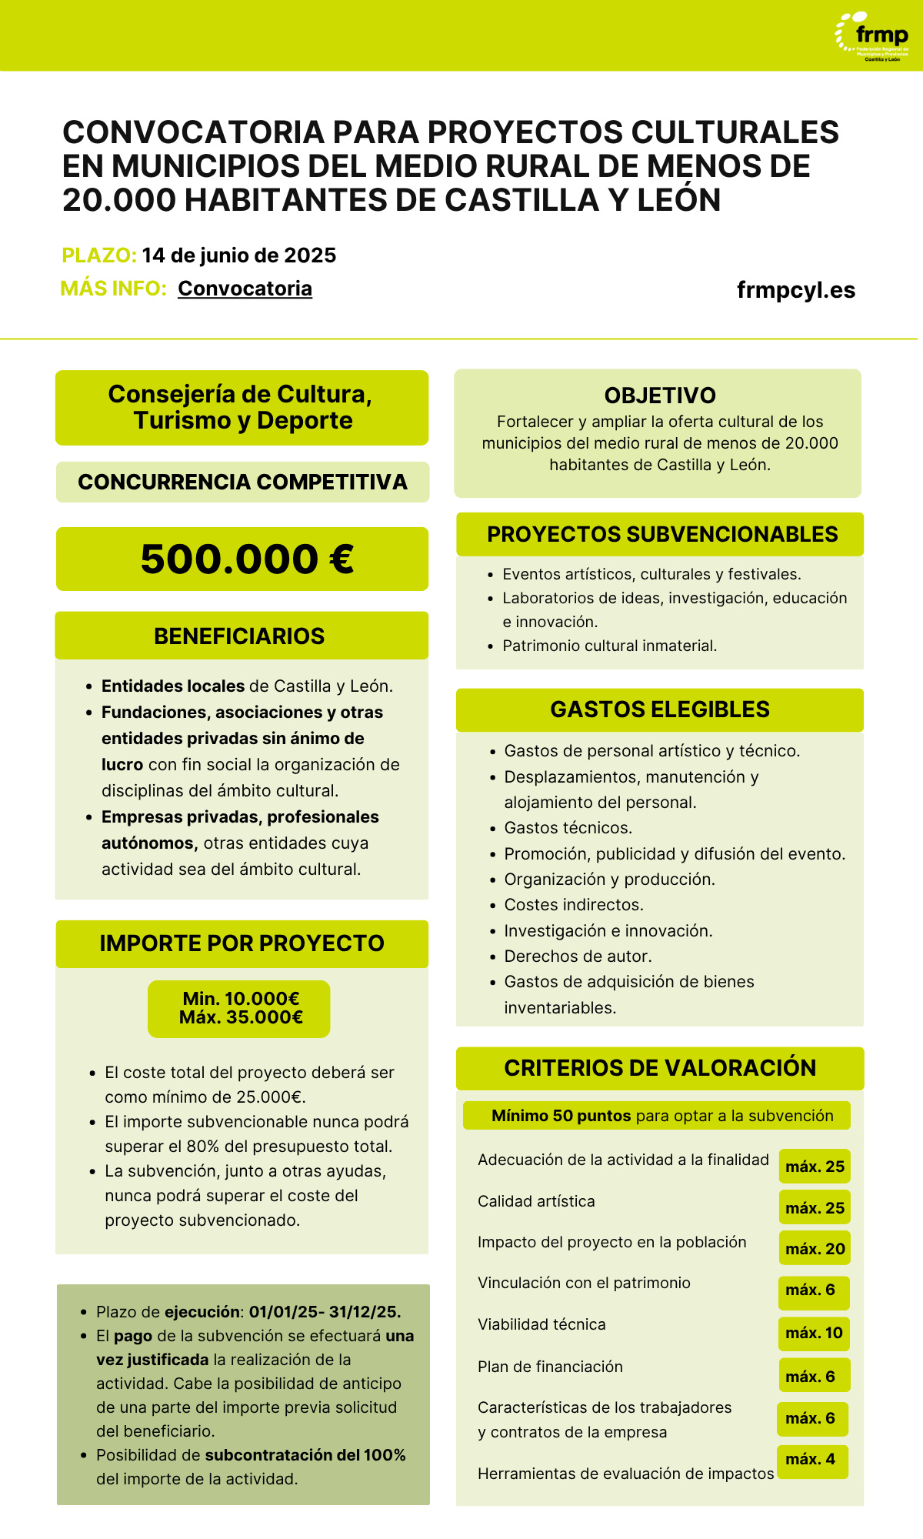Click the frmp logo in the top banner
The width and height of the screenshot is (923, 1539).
click(873, 35)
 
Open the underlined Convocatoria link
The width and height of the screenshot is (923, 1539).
click(245, 289)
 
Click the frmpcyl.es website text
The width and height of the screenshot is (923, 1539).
click(796, 290)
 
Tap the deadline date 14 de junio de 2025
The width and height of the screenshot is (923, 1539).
click(239, 255)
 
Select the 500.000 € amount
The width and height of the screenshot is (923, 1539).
click(247, 559)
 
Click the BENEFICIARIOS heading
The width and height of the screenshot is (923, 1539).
click(239, 636)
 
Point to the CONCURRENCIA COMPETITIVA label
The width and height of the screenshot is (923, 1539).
click(242, 482)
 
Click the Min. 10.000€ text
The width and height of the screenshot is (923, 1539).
click(241, 999)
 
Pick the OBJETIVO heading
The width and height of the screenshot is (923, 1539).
click(660, 396)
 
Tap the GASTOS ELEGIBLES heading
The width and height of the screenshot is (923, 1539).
click(660, 709)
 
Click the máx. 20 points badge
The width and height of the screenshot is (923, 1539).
click(815, 1249)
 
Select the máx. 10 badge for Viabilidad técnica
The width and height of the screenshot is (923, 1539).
click(814, 1333)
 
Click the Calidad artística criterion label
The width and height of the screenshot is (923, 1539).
click(536, 1201)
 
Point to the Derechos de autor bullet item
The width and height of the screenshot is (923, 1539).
click(578, 956)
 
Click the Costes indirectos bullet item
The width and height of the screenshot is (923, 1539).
click(574, 905)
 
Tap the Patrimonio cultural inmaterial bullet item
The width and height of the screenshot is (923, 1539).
click(609, 646)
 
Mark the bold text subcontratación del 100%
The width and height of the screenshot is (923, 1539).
click(305, 1455)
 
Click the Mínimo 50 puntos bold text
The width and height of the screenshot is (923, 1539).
click(561, 1116)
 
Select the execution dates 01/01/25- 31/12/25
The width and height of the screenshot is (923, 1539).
click(325, 1312)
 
